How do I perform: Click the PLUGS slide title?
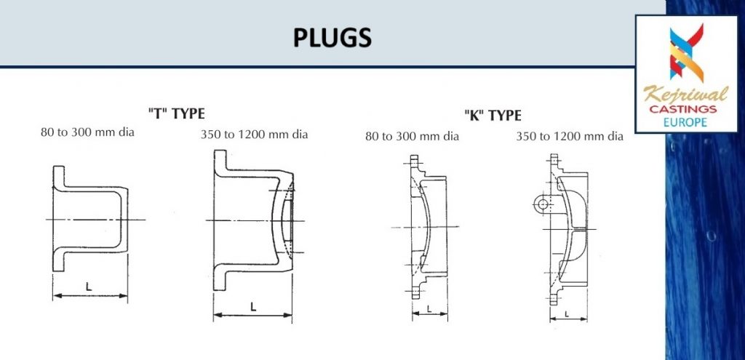tap(332, 38)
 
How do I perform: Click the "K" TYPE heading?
tap(493, 115)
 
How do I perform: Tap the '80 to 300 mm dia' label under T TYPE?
tap(88, 132)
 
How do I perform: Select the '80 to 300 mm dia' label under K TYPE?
tap(411, 136)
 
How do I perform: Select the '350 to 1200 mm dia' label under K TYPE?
tap(570, 136)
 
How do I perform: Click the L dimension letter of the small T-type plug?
tap(89, 287)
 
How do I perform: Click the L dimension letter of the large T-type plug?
tap(252, 306)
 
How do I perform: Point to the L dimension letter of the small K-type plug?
tap(429, 308)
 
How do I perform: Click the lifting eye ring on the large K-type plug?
tap(541, 205)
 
